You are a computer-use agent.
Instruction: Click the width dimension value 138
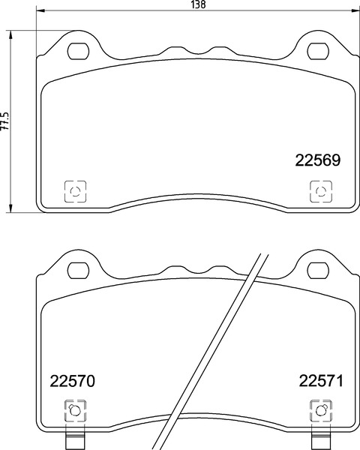coord(197,4)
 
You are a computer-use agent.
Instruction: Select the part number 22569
coord(318,160)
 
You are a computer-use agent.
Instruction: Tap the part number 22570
coord(73,381)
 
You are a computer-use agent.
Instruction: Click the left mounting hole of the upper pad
coord(77,51)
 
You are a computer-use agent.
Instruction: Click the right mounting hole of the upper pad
coord(318,51)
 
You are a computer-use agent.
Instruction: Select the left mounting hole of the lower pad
coord(77,269)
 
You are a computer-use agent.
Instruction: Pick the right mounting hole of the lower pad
coord(318,269)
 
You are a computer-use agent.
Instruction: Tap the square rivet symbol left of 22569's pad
coord(75,192)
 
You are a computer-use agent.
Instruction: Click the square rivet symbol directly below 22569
coord(320,192)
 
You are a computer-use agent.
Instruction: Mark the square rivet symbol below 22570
coord(74,410)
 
